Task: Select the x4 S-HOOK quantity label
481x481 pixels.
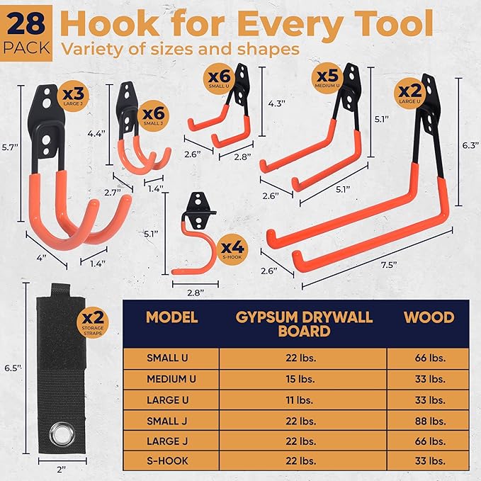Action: click(232, 249)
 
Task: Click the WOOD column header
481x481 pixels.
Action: click(429, 317)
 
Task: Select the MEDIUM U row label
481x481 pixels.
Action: click(171, 378)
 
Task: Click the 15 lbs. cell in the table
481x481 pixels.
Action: click(302, 378)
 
